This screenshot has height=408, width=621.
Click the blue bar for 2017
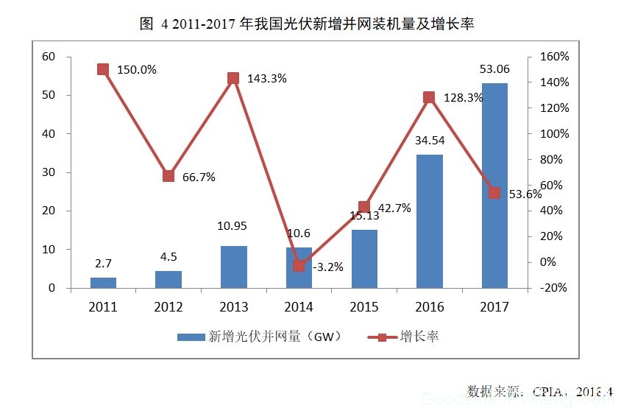click(x=494, y=185)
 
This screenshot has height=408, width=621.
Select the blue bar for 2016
click(x=430, y=221)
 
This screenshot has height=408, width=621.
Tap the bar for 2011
click(x=104, y=282)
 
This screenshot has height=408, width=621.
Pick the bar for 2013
click(x=234, y=267)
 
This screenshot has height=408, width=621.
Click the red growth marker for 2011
click(x=103, y=69)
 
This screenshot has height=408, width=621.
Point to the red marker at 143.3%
click(x=233, y=78)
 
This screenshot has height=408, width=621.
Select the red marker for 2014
click(x=299, y=266)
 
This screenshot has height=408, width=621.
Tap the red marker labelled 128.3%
click(x=429, y=97)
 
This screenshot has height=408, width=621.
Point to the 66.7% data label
click(x=198, y=177)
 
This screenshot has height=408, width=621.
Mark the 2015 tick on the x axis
click(x=364, y=308)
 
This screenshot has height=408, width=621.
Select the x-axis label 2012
click(x=168, y=308)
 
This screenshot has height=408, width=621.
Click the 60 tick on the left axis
click(x=49, y=57)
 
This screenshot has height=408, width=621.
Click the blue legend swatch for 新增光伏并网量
click(x=191, y=337)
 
